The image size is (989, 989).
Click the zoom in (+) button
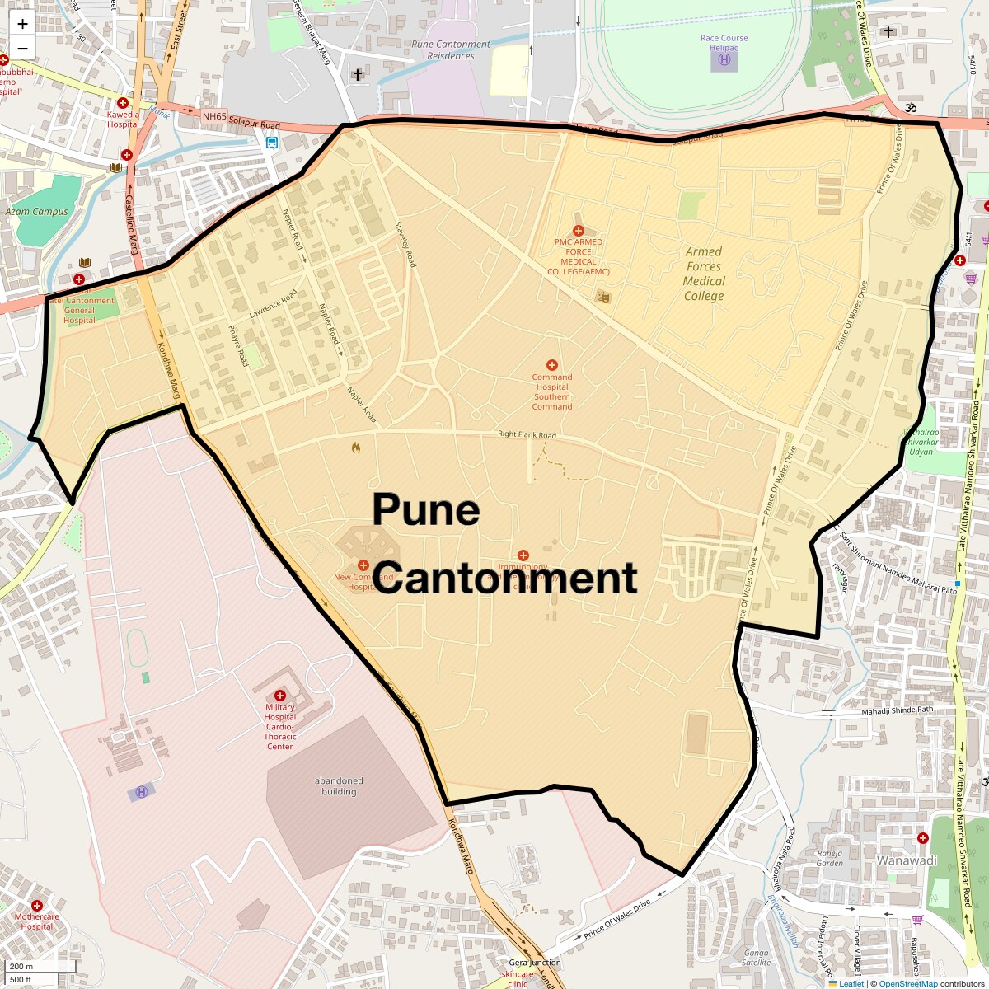(x=22, y=25)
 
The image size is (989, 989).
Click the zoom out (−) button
(x=22, y=48)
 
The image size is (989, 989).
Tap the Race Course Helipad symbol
(x=724, y=59)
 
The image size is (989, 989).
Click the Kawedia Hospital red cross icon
(x=123, y=103)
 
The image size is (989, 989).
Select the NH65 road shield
(x=214, y=116)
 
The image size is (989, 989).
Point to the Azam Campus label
(x=37, y=212)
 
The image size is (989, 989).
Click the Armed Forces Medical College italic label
(x=703, y=274)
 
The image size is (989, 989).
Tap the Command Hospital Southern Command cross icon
(x=552, y=365)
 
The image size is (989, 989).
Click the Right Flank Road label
(x=527, y=435)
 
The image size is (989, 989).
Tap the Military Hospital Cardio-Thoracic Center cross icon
(x=280, y=696)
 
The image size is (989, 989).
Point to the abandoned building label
(x=339, y=786)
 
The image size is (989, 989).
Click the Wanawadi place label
(x=907, y=860)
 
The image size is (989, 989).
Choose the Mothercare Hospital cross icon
(x=37, y=906)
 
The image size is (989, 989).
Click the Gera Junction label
(x=534, y=963)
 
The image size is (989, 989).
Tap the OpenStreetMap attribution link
(x=907, y=983)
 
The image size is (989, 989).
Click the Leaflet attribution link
(x=851, y=983)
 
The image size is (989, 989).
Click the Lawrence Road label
(x=273, y=306)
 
